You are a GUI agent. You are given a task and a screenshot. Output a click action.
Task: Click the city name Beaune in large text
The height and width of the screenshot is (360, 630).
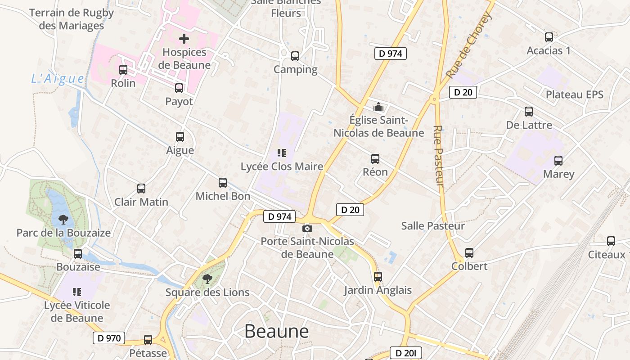coord(276,331)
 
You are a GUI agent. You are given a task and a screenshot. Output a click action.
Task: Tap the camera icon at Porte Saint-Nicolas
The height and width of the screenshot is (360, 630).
coord(307,229)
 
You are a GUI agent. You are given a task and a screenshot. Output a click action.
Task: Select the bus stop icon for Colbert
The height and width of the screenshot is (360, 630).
coord(469,253)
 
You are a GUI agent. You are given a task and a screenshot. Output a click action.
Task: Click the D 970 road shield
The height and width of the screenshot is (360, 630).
coord(109,338)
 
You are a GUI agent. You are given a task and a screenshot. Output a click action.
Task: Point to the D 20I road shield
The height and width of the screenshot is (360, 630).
coord(406,353)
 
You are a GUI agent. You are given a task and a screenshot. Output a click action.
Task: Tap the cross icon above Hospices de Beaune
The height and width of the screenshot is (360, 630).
coord(184,39)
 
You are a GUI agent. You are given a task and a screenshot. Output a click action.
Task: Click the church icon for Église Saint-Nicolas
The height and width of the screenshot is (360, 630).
coord(378,107)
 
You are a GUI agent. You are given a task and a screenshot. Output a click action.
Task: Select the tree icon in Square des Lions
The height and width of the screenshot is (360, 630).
coord(207,279)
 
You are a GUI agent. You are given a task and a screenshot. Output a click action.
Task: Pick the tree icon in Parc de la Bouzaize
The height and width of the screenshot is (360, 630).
coord(63,220)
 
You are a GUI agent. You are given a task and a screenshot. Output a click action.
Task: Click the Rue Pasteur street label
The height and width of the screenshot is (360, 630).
coord(438,156)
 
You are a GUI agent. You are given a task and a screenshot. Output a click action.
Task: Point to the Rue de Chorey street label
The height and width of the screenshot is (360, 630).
coord(469,45)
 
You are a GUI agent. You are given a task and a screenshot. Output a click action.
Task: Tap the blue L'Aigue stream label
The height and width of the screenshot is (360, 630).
coord(58,79)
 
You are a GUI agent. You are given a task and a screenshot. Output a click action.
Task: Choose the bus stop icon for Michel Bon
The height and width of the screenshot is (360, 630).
coord(223,183)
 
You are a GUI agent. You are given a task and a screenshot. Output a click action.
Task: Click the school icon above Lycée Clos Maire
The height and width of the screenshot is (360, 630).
coord(282,153)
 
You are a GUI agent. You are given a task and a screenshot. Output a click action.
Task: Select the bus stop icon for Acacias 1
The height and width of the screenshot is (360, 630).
coord(549,37)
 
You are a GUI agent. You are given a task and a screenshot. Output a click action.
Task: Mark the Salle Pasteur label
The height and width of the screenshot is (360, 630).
coord(433,226)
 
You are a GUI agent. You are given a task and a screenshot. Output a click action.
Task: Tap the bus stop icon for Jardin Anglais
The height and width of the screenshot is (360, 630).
coord(378,277)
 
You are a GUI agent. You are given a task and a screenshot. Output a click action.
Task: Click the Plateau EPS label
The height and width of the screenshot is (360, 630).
coord(575,94)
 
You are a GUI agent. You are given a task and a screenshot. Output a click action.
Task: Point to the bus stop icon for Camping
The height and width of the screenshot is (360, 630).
coord(295,56)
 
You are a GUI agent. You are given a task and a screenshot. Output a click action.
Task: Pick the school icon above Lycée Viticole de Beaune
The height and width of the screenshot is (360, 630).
coord(77,292)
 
